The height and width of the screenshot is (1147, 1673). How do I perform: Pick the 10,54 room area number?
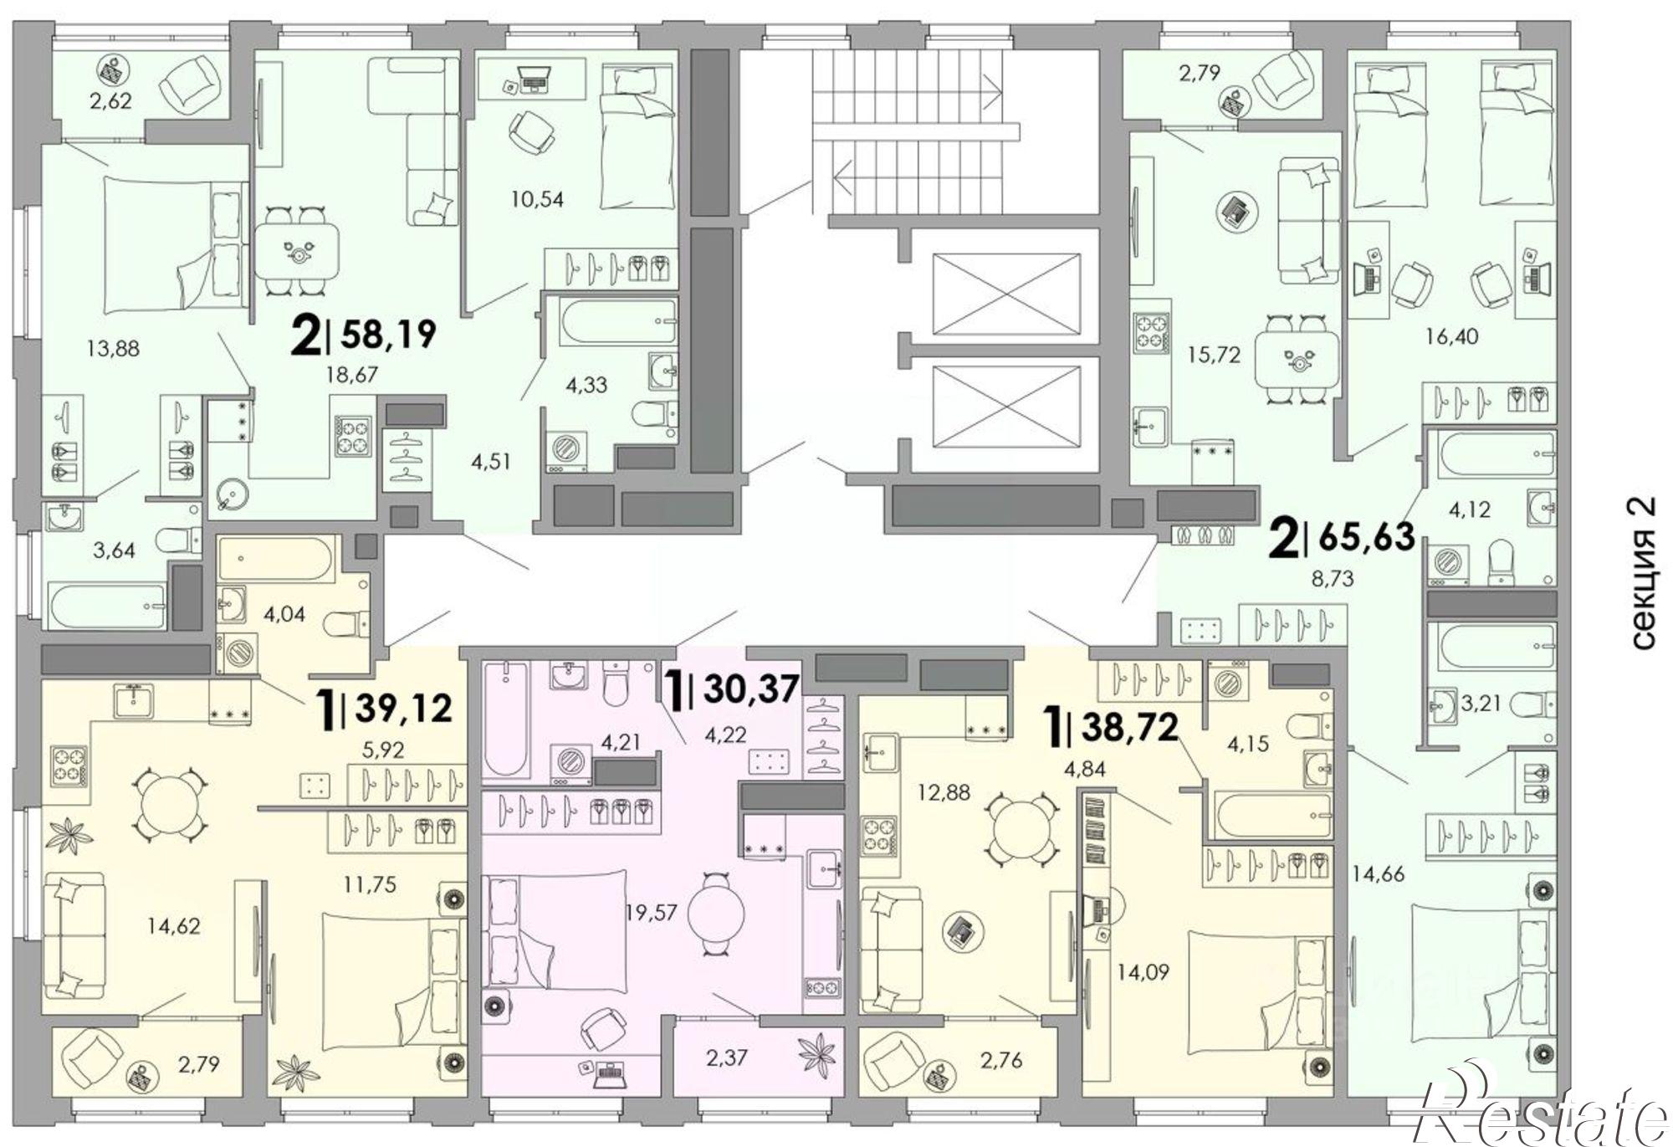click(x=537, y=199)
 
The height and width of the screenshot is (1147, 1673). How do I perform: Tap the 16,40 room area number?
click(x=1451, y=336)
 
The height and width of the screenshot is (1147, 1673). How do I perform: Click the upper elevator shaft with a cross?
click(x=1006, y=293)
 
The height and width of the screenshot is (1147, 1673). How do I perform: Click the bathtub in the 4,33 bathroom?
click(x=619, y=322)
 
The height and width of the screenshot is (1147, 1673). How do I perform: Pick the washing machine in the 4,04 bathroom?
click(x=237, y=653)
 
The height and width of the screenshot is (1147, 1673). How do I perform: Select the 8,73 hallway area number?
click(x=1333, y=577)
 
